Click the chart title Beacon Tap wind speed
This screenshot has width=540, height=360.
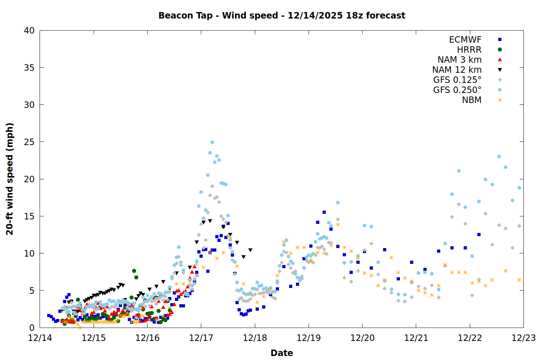point(282,15)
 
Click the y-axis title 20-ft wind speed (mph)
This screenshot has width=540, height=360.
point(10,179)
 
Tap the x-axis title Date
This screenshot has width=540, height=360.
point(282,353)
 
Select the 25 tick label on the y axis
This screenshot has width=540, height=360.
point(29,142)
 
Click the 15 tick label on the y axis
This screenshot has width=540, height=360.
point(29,216)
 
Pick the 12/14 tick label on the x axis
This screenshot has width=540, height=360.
point(40,338)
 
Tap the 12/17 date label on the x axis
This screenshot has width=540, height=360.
point(201,338)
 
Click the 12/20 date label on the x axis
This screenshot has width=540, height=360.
point(362,338)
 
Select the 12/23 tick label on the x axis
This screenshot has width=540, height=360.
point(523,338)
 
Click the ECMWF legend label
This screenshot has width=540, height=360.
point(465,40)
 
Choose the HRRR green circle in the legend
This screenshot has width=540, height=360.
point(500,50)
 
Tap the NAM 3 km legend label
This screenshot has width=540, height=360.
point(459,60)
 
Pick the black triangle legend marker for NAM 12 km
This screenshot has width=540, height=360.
point(500,70)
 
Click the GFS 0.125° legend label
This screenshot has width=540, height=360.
point(457,80)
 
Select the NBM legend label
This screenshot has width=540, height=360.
point(472,100)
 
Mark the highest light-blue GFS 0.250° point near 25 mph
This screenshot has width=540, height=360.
point(212,143)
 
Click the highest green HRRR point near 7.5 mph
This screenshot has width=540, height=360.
point(134,271)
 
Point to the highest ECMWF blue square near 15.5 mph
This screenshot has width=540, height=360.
point(324,212)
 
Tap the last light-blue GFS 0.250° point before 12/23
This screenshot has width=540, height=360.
point(519,188)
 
